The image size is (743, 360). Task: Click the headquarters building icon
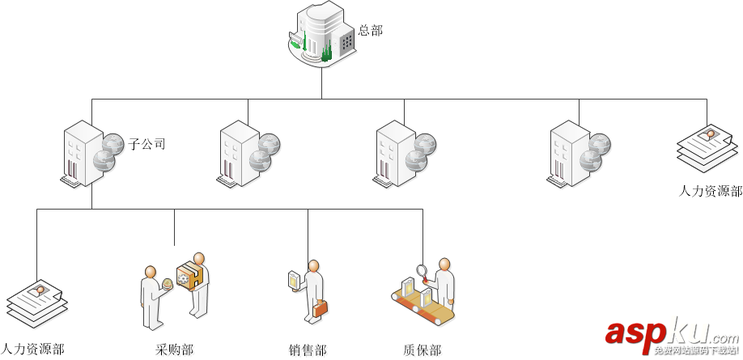click(323, 35)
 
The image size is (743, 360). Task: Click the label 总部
click(370, 31)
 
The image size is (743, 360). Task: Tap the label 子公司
click(146, 145)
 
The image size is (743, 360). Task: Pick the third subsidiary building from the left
click(397, 153)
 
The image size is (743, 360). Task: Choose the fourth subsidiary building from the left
click(570, 153)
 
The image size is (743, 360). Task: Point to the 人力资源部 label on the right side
click(710, 192)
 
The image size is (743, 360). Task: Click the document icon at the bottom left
click(36, 303)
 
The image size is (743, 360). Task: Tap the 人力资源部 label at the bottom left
click(32, 349)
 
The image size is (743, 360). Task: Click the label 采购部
click(175, 349)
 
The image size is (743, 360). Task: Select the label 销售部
click(308, 349)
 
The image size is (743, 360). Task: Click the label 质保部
click(422, 349)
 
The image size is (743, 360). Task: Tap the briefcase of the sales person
click(321, 308)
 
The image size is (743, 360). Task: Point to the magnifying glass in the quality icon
click(422, 271)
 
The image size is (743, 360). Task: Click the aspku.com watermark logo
click(670, 332)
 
